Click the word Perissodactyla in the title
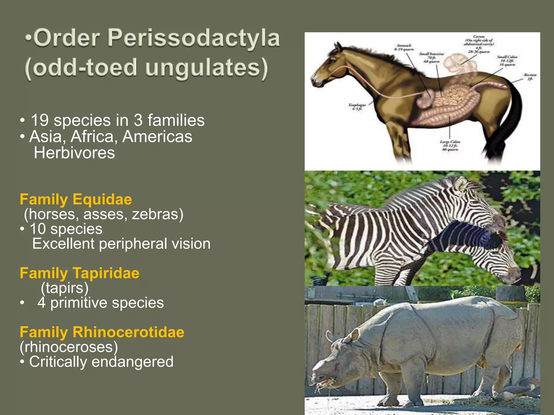193,38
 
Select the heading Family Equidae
76,199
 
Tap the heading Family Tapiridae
80,273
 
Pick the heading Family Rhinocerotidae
102,332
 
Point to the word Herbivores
74,153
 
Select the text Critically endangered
101,362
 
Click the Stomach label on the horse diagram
404,47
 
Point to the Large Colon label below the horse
450,145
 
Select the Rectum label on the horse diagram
530,77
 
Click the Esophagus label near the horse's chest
357,107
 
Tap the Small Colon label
507,61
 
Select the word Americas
157,136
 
